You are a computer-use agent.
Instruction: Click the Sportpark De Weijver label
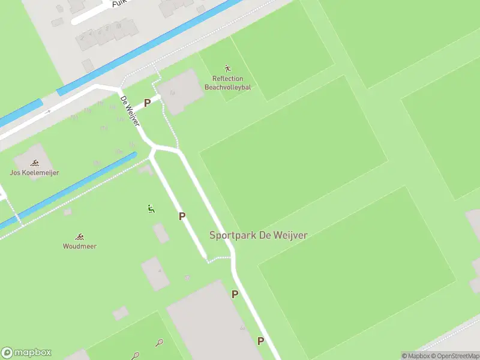(x=259, y=235)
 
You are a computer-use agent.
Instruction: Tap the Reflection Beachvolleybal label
(x=228, y=83)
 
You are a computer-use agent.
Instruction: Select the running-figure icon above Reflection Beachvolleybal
(x=227, y=68)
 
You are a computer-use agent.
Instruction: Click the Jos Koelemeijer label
(x=35, y=173)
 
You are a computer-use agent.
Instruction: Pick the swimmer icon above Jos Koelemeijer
(x=35, y=163)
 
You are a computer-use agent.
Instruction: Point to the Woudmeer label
(x=80, y=246)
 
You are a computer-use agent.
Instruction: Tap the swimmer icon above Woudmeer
(x=79, y=236)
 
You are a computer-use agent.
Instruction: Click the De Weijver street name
(x=130, y=111)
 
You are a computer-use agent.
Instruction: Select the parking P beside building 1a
(x=147, y=103)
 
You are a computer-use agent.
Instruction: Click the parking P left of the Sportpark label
(x=182, y=216)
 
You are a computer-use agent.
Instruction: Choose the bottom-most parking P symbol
(x=260, y=341)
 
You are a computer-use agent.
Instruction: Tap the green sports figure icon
(x=151, y=209)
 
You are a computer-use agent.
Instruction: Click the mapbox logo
(x=26, y=353)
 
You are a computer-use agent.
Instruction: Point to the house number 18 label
(x=119, y=26)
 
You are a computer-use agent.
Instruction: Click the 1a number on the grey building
(x=173, y=92)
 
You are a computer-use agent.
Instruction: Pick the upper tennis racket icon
(x=159, y=343)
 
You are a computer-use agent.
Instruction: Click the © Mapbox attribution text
(x=415, y=356)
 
